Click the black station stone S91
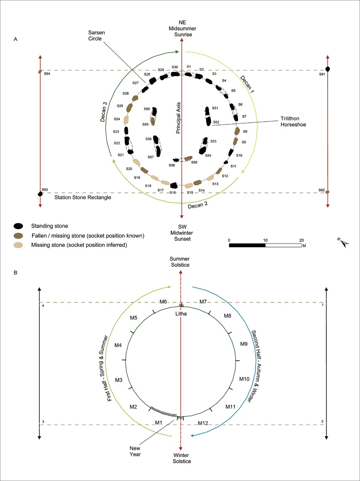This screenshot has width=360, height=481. coord(328,69)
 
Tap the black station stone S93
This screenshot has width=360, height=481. coord(40,194)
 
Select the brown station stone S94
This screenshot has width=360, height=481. coord(40,71)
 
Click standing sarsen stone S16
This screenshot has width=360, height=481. coord(174,185)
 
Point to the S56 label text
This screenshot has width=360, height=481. coord(172,165)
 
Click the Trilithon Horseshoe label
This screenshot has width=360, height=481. coord(293,122)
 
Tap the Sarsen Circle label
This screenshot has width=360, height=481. coord(97,35)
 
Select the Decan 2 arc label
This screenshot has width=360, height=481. coord(198,205)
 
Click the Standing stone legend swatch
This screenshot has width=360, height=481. coord(18,226)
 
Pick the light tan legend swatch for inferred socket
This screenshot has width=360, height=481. coord(18,245)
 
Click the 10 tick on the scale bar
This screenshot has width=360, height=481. coord(265,240)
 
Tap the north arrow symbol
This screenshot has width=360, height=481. coord(343,243)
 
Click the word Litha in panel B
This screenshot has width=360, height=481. coord(181,314)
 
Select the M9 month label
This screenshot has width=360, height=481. coord(244,344)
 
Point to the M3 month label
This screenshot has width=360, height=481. coord(118,380)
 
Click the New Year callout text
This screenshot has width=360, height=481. coord(135,451)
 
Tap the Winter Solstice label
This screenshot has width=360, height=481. coord(182,458)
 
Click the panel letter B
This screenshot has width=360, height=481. coord(15,273)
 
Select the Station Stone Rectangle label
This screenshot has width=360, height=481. coord(83,197)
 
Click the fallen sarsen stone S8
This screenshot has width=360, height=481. coord(237,131)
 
